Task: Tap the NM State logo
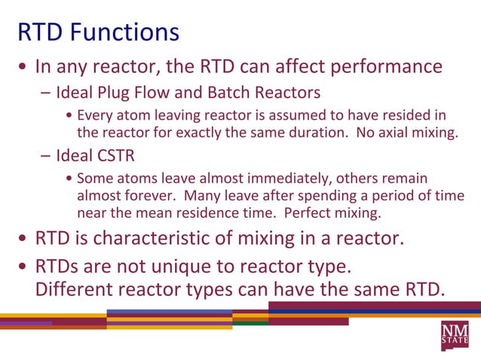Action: (455, 334)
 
